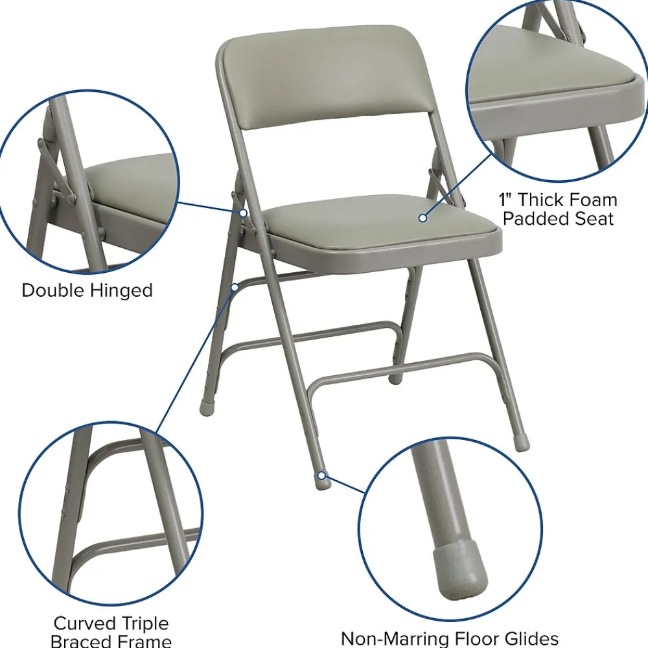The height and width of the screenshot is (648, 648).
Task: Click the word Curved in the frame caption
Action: pyautogui.click(x=83, y=623)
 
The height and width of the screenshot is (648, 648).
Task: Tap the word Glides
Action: pyautogui.click(x=530, y=639)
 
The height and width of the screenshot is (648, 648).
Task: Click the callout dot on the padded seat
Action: pyautogui.click(x=422, y=217)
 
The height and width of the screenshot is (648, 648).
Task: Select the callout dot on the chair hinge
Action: pyautogui.click(x=244, y=213)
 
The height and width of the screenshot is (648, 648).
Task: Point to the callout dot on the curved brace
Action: pyautogui.click(x=235, y=287)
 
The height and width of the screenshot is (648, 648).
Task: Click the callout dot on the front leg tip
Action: pyautogui.click(x=321, y=476)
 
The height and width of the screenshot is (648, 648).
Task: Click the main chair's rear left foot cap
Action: pyautogui.click(x=206, y=407)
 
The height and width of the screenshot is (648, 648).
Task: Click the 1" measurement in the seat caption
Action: pyautogui.click(x=505, y=200)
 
